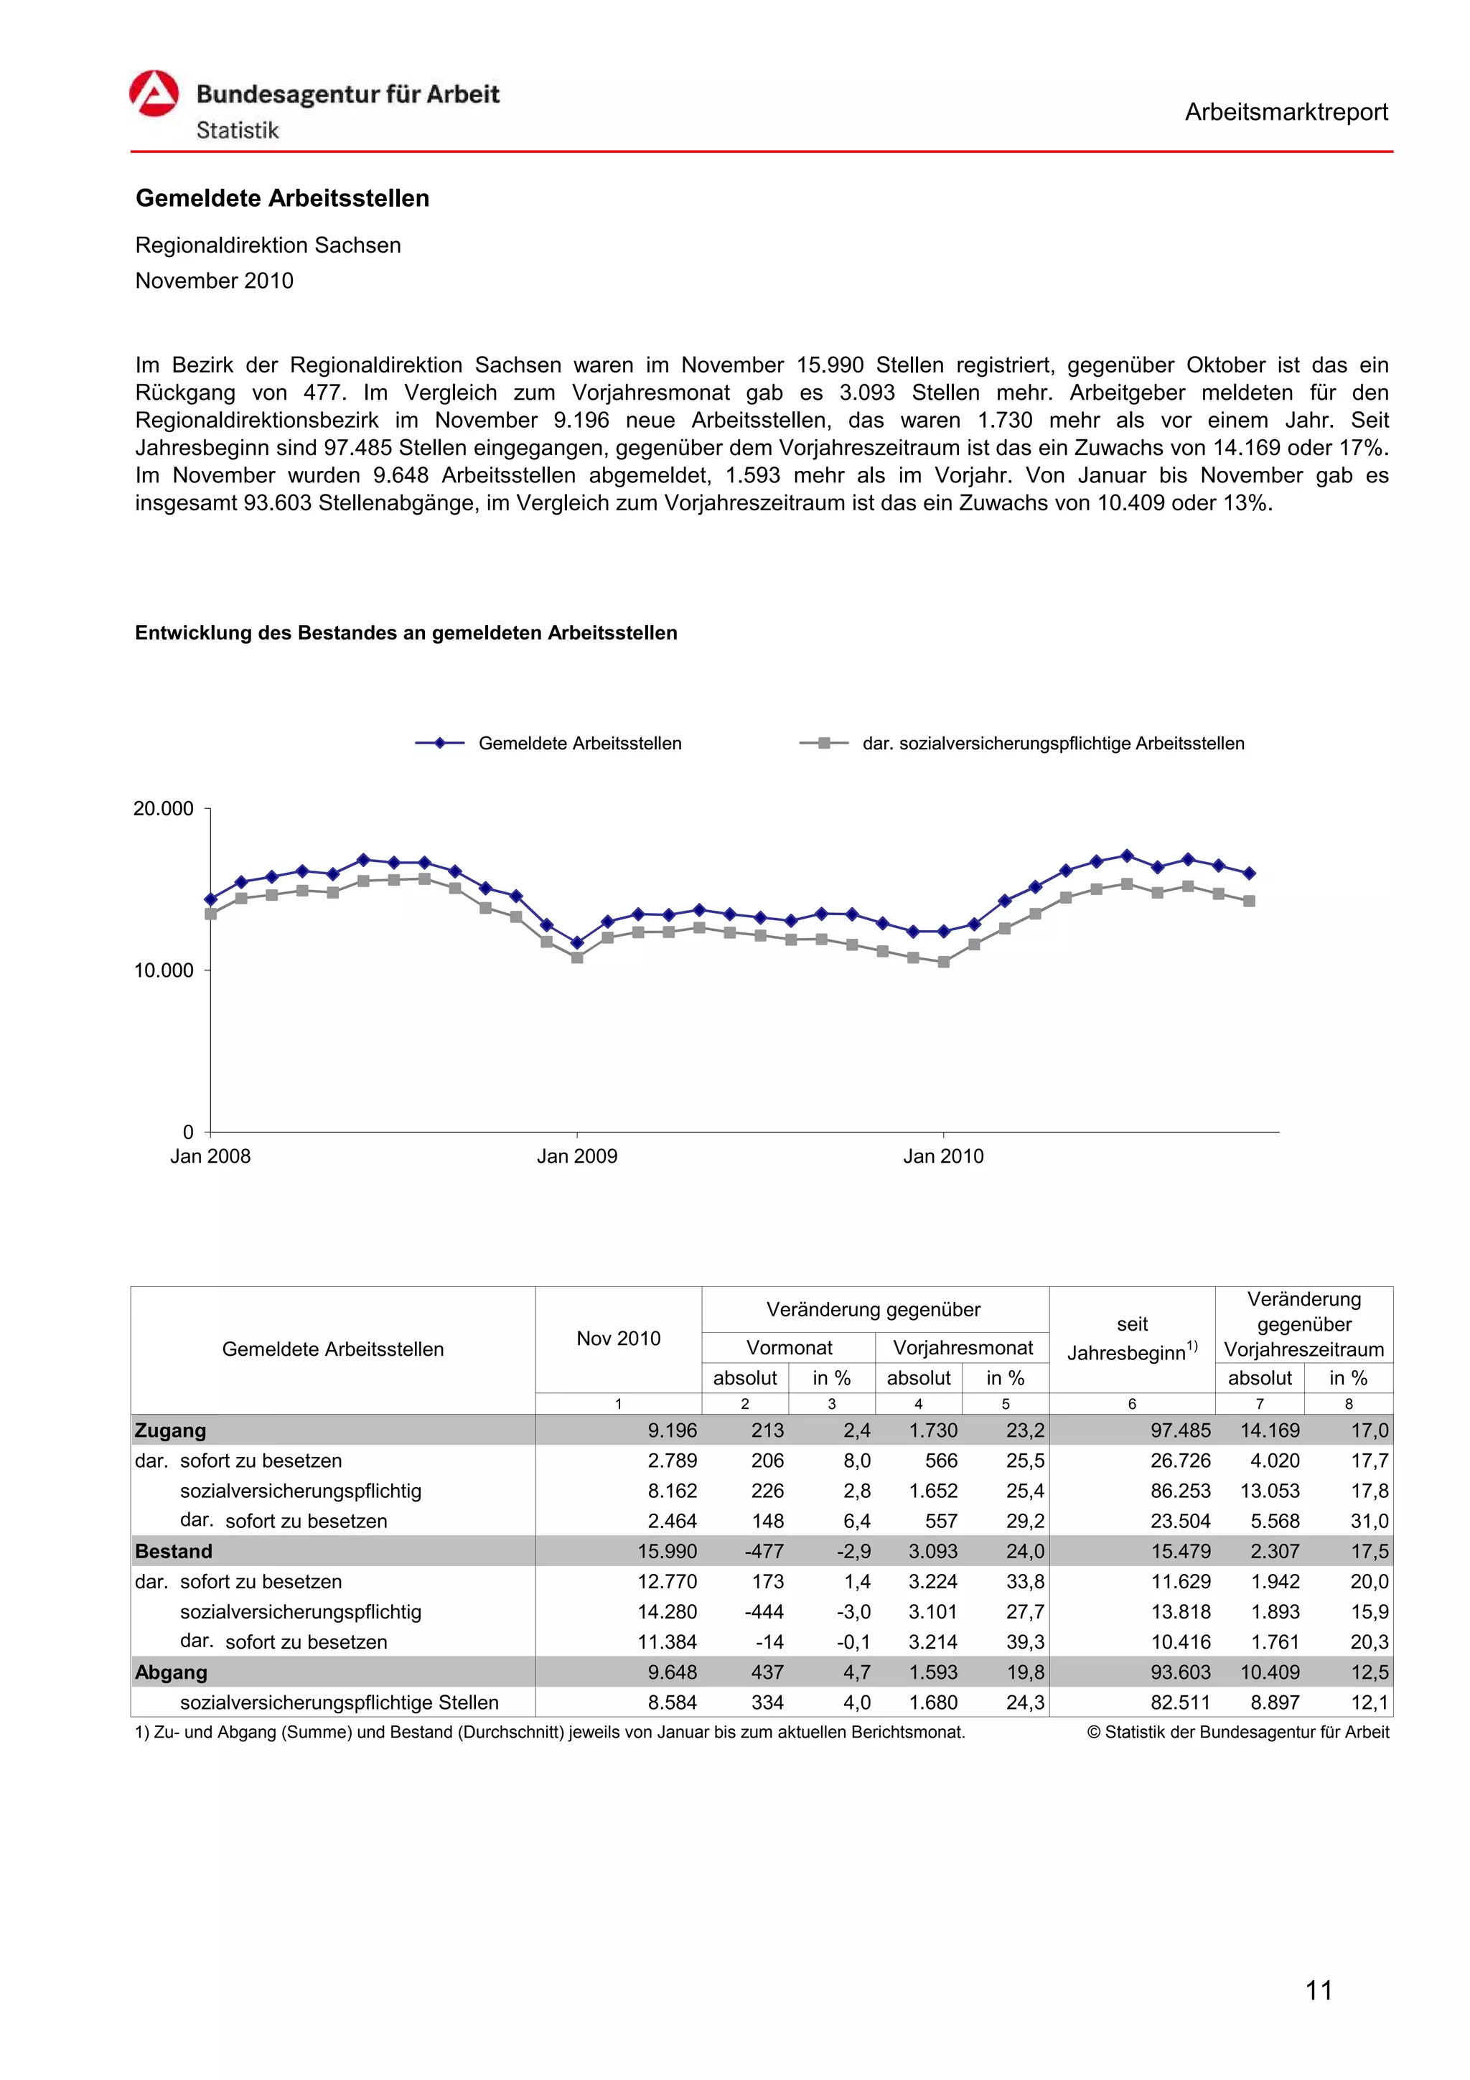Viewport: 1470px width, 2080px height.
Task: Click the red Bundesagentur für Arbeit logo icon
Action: pos(154,93)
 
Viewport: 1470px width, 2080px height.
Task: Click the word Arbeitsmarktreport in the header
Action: pos(1286,113)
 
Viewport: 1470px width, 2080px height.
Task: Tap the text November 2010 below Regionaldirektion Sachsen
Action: pos(214,281)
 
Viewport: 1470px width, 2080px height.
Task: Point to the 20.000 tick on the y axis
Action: pos(163,809)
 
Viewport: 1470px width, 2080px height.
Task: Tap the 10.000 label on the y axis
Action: pos(163,971)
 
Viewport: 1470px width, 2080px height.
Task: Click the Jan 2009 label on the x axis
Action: pos(577,1157)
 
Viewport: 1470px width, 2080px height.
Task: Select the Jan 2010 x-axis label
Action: pos(943,1157)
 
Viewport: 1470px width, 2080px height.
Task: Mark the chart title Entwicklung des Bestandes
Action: pos(406,633)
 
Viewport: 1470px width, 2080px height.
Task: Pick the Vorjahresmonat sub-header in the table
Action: pos(963,1348)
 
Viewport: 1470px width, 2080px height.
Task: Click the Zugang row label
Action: pos(170,1431)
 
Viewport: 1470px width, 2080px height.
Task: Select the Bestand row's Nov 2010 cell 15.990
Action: pos(667,1552)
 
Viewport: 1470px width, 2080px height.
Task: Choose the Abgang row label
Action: pos(171,1673)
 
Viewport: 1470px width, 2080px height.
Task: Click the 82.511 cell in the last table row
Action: pos(1179,1703)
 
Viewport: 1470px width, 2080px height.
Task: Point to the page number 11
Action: pos(1319,1990)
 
